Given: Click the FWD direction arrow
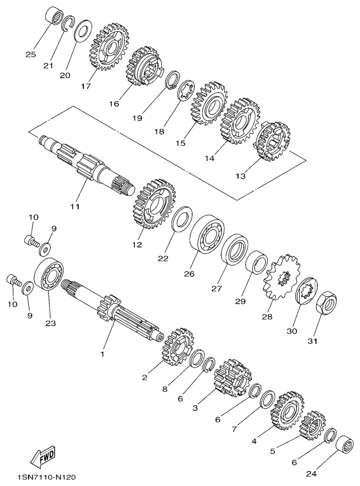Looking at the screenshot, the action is [x=44, y=456].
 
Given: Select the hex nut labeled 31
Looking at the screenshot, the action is [x=326, y=303].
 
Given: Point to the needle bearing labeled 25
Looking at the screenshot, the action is [x=55, y=17].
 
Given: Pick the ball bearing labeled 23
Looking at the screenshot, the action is [x=49, y=275].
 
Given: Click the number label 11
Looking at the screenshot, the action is [x=75, y=207].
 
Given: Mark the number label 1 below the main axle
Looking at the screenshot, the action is [x=102, y=354].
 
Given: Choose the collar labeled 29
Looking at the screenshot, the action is [x=257, y=262].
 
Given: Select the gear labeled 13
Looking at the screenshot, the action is [x=273, y=141].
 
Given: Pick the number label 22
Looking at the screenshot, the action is [x=163, y=258].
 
